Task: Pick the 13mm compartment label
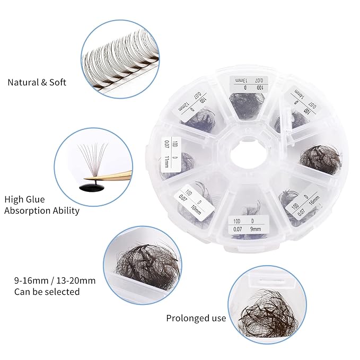point(247,84)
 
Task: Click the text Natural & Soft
point(37,83)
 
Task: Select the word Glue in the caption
point(34,199)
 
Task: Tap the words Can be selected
point(47,292)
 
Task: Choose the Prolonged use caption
point(196,318)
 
